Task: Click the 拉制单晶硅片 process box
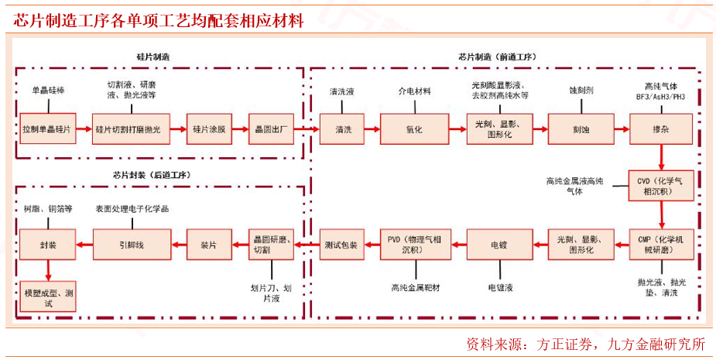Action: (x=46, y=129)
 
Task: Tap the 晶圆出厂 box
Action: (x=270, y=129)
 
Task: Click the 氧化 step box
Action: (x=414, y=129)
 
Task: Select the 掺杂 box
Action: (x=660, y=129)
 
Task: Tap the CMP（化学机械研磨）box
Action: (x=660, y=245)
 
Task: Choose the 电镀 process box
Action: (x=498, y=245)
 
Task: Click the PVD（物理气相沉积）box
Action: (x=414, y=245)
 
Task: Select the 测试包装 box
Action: (x=341, y=245)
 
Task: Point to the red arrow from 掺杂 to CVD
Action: (x=660, y=158)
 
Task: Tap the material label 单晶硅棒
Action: (x=48, y=91)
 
